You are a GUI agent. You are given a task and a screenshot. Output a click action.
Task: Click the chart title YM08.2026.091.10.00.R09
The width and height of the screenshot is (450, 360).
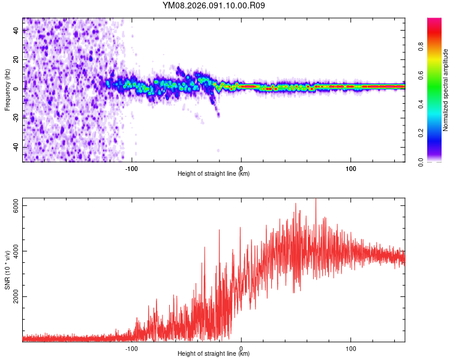tap(214, 6)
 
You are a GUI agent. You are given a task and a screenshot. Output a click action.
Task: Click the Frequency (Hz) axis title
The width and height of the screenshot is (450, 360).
tap(7, 89)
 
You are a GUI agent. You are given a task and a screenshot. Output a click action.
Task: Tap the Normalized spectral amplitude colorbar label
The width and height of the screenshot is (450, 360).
tap(446, 90)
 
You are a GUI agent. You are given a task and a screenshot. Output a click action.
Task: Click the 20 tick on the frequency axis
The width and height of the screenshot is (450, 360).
tap(16, 59)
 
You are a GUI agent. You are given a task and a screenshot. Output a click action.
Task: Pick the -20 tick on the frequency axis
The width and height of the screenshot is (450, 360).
tap(16, 118)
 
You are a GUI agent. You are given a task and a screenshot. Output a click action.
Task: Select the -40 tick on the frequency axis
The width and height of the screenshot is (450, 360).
tap(16, 147)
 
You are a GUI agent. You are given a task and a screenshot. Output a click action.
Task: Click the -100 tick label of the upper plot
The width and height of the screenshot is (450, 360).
tap(131, 168)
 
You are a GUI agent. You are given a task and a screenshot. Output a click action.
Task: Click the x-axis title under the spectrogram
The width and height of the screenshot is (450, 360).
tap(214, 174)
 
